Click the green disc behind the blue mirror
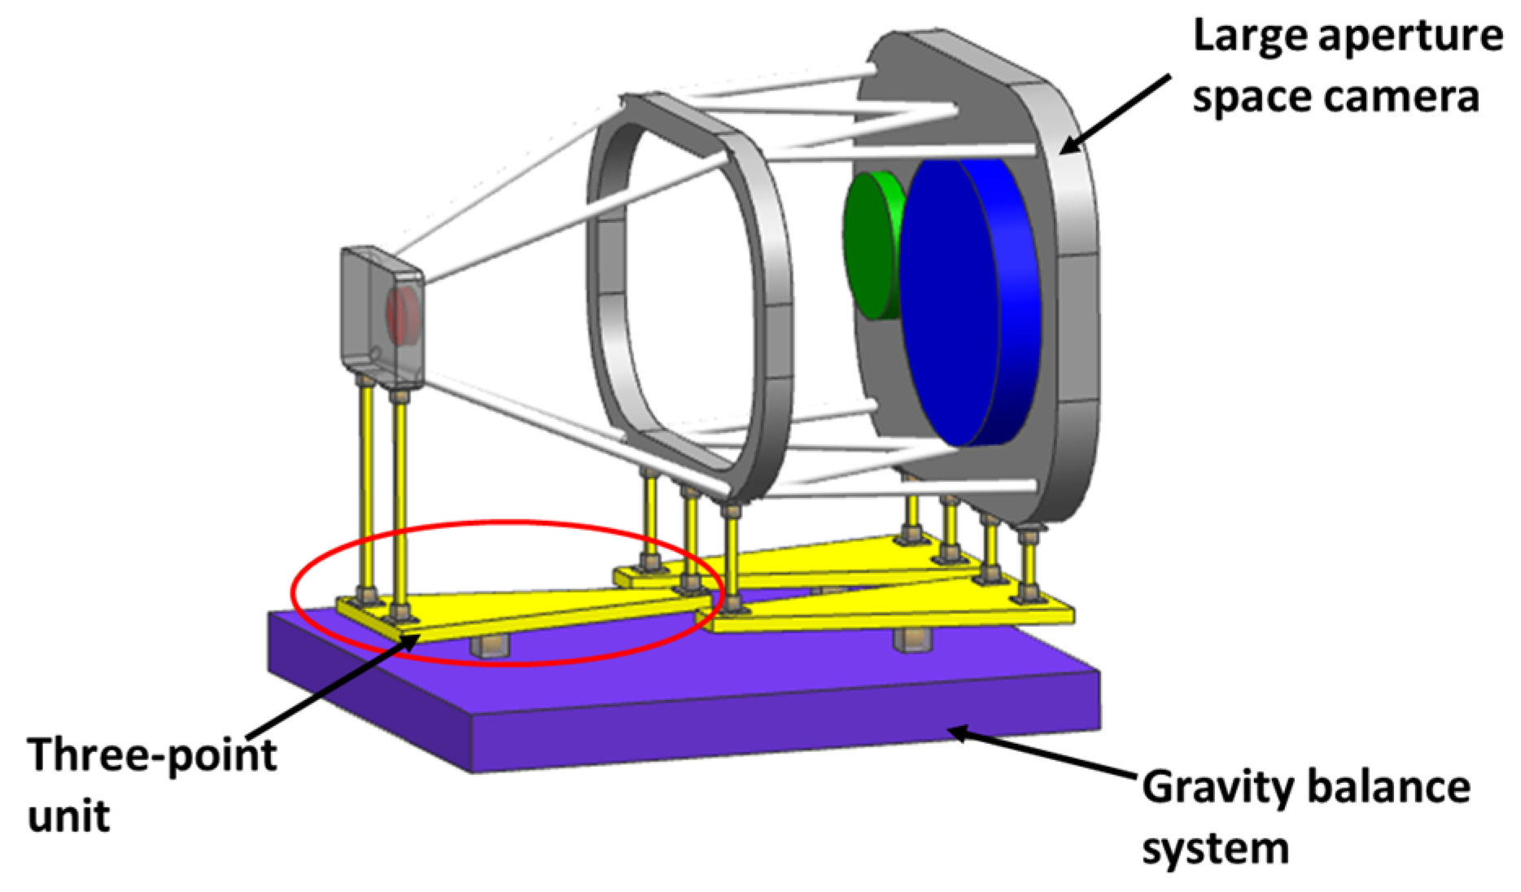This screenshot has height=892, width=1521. coord(869,244)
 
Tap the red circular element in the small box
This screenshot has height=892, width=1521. coord(403,313)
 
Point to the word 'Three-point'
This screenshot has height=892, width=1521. coord(152,755)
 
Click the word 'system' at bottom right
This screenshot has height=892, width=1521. coord(1215,848)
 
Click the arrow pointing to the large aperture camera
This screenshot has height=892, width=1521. coord(1115,114)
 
